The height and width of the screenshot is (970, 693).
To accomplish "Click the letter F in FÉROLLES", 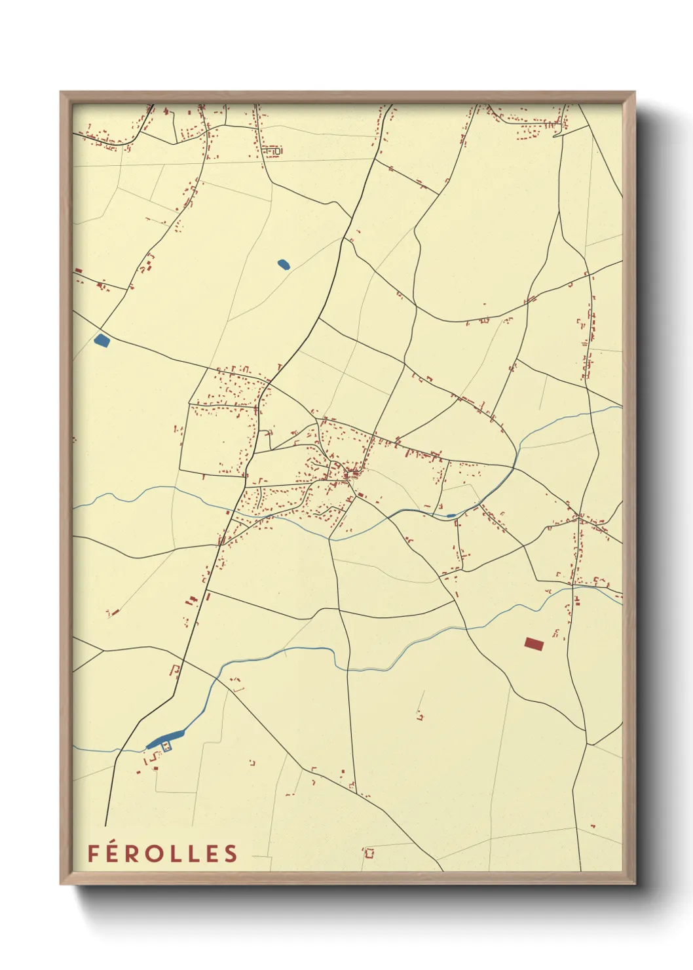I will pyautogui.click(x=93, y=853).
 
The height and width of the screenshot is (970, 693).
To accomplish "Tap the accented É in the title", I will pyautogui.click(x=112, y=852).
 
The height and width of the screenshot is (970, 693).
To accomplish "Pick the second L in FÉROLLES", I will pyautogui.click(x=193, y=853).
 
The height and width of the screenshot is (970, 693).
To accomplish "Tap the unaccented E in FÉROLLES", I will pyautogui.click(x=211, y=853).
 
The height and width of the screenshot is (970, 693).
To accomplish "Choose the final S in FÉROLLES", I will pyautogui.click(x=230, y=853).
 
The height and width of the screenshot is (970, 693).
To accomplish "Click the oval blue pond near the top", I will pyautogui.click(x=284, y=264).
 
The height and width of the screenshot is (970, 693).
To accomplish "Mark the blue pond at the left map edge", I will pyautogui.click(x=102, y=340).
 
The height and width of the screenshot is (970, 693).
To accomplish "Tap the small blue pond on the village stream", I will pyautogui.click(x=451, y=516).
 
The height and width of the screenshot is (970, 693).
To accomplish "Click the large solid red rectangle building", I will pyautogui.click(x=534, y=644).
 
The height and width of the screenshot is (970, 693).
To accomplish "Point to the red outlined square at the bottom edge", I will pyautogui.click(x=369, y=853).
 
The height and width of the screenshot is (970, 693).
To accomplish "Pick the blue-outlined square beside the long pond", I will pyautogui.click(x=166, y=746).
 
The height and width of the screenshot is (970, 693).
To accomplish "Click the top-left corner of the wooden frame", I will pyautogui.click(x=61, y=92).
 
